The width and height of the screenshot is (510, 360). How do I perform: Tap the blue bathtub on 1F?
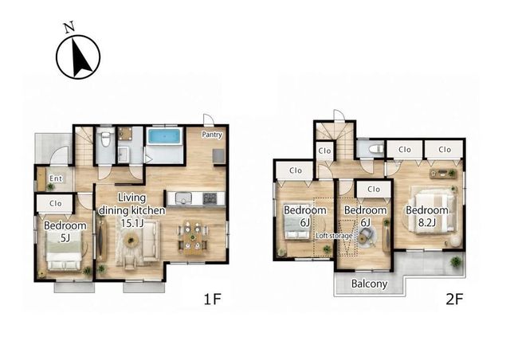(164, 136)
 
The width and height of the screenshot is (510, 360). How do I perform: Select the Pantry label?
(212, 135)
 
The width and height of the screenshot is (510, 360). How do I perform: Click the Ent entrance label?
(56, 178)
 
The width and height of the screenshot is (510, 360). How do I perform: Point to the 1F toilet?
(105, 139)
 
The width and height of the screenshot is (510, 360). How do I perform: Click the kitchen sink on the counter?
(183, 198)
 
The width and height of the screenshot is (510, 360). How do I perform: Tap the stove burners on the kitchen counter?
(210, 198)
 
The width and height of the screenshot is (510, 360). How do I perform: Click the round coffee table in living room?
(131, 241)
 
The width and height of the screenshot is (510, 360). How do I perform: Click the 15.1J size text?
(132, 224)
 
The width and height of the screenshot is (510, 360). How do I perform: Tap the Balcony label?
(369, 284)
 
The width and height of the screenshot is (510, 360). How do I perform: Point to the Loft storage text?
(334, 236)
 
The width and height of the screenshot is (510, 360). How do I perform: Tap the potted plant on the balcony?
(457, 261)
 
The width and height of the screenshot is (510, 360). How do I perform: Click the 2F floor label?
(454, 299)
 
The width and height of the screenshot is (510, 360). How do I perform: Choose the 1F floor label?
(213, 299)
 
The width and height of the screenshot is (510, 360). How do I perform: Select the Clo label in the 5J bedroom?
(56, 203)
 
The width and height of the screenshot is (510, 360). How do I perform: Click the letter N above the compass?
(69, 27)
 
